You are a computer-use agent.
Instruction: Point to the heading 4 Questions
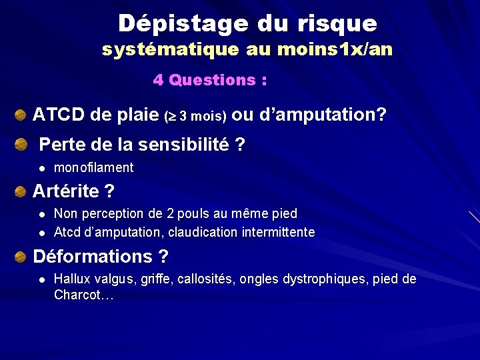coord(210,81)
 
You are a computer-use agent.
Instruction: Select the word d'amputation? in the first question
coord(329,115)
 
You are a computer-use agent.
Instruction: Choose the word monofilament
coord(93,168)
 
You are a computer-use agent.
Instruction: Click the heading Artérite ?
coord(73,192)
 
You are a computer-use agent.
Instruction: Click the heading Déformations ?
coord(100,257)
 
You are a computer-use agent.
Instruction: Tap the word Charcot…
coord(84,295)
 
